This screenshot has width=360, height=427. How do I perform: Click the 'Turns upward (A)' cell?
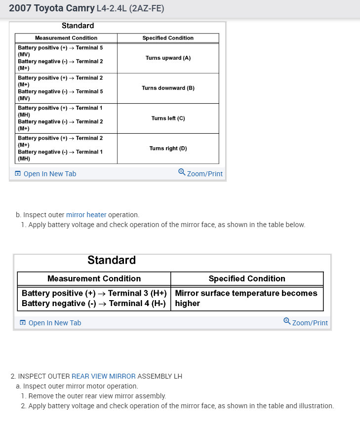click(x=168, y=58)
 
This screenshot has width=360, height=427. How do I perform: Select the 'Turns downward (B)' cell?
click(x=168, y=88)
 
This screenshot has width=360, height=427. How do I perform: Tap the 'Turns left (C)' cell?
click(x=168, y=118)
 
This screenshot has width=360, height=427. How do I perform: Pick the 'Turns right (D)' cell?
click(x=168, y=148)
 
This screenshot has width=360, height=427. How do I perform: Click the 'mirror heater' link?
click(x=86, y=215)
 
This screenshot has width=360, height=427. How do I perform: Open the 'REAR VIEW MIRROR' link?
click(x=103, y=376)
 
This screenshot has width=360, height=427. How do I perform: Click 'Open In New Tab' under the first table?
click(x=49, y=174)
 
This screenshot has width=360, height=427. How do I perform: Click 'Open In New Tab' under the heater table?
click(x=54, y=323)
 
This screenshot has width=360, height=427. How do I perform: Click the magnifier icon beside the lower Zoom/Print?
click(x=287, y=321)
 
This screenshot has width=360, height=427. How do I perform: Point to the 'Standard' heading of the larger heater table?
click(x=112, y=260)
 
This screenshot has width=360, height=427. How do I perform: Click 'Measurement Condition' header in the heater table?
click(x=94, y=278)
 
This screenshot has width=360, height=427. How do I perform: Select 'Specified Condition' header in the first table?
click(x=168, y=38)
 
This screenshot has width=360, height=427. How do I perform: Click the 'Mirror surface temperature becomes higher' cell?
click(x=246, y=298)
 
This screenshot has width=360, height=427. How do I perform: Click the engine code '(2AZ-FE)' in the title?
click(x=146, y=8)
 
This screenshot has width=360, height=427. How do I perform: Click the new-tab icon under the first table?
click(x=18, y=174)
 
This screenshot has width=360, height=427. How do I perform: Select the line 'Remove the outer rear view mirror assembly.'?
click(x=97, y=396)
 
